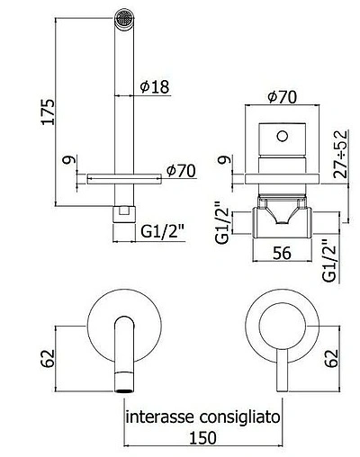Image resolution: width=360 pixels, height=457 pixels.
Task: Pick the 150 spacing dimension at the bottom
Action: tap(204, 439)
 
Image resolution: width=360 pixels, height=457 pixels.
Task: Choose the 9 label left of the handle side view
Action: tap(222, 163)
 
